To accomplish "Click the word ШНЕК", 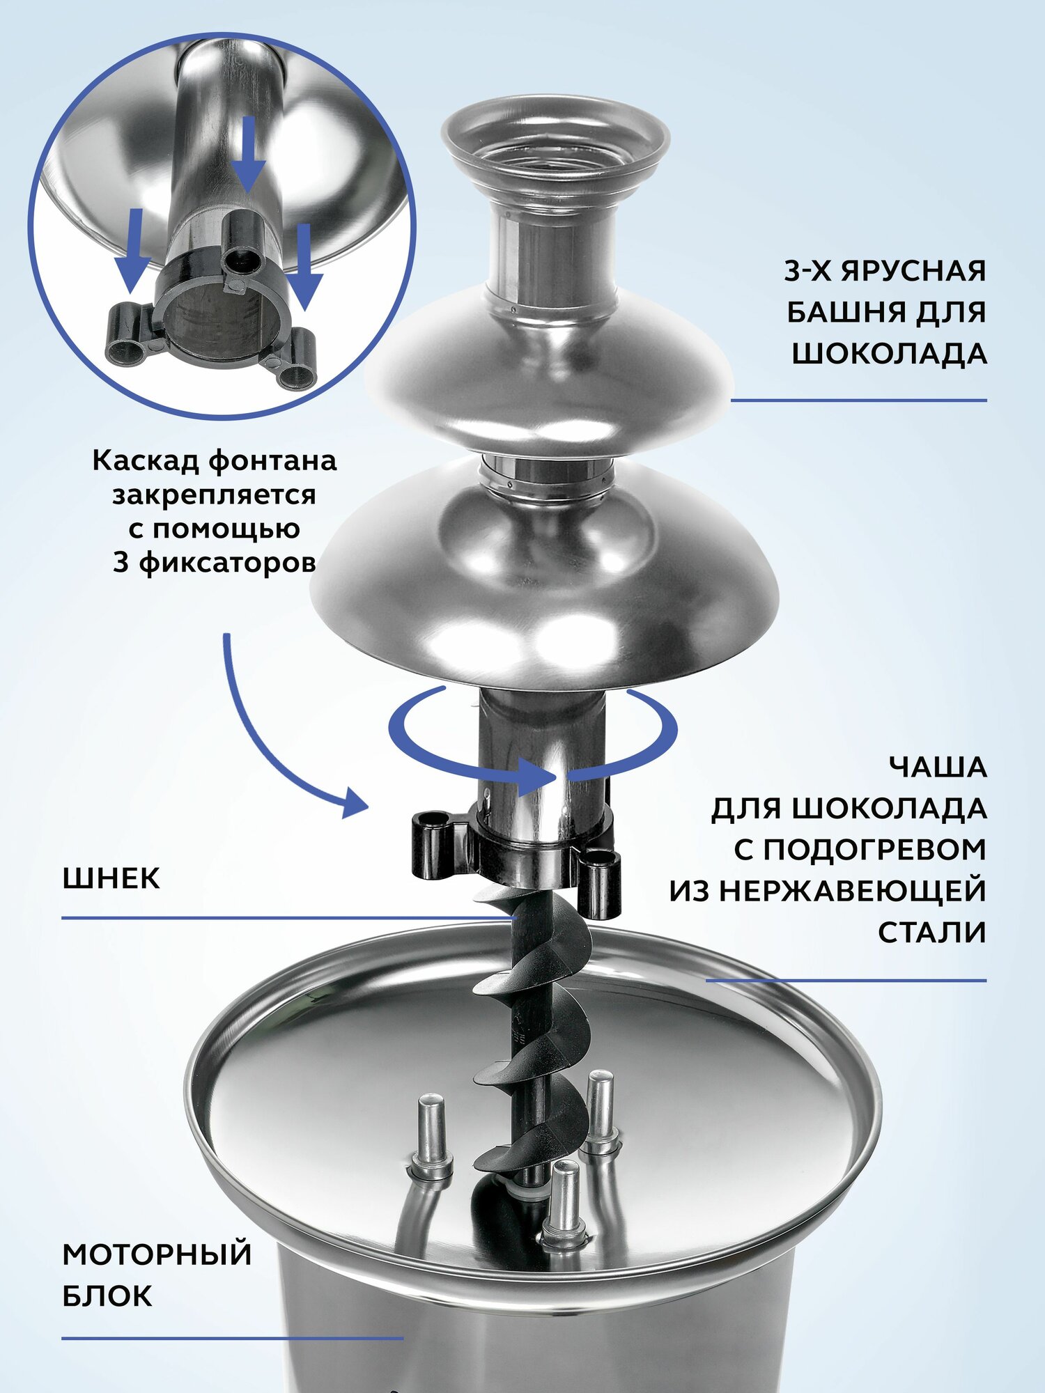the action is click(111, 878).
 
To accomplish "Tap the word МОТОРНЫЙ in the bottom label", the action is click(157, 1254).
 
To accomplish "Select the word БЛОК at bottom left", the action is click(107, 1296).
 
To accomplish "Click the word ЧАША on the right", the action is click(938, 768).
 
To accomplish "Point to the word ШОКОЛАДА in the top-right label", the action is click(889, 354).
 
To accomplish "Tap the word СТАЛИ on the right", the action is click(932, 933).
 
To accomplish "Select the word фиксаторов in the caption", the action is click(227, 563).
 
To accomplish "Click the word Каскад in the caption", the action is click(147, 460).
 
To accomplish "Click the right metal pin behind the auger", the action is click(601, 1107).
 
